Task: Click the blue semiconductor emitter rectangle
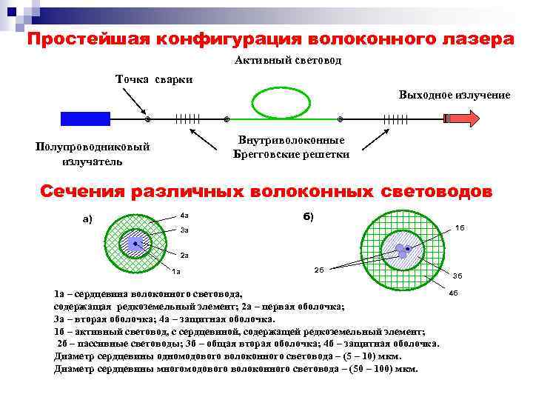point(85,119)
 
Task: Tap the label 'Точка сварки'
point(154,79)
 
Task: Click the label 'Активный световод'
point(289,60)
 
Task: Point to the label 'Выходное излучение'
point(454,95)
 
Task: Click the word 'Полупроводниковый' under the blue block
point(93,147)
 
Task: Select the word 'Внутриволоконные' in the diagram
point(291,141)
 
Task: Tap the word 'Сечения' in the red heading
point(82,192)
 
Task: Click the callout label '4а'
point(184,216)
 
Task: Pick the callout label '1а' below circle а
point(175,270)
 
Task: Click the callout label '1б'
point(460,227)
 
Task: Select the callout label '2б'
point(318,270)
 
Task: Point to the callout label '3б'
point(457,276)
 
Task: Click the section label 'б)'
point(308,216)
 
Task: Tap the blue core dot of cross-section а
point(135,243)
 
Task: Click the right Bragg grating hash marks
point(395,119)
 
